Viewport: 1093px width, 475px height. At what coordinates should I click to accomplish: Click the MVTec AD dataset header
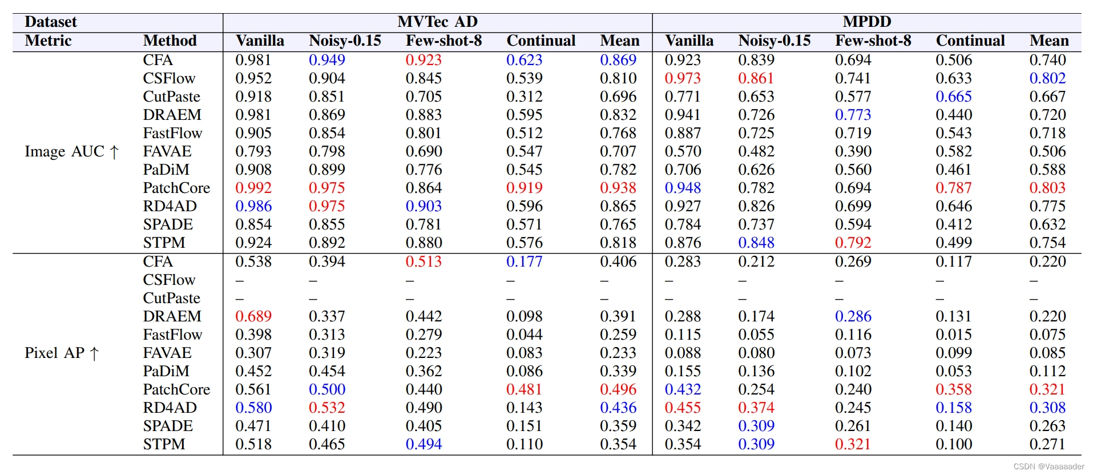(437, 22)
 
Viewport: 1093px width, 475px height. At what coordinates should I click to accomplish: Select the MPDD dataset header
(866, 22)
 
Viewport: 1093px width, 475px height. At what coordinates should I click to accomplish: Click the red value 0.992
(253, 188)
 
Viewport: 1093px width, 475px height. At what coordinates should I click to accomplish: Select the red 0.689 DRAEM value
(253, 316)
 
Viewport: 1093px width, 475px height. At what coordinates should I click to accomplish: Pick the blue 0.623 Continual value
(524, 60)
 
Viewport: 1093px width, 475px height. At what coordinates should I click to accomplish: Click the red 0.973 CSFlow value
(682, 78)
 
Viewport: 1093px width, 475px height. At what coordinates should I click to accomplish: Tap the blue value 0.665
(953, 96)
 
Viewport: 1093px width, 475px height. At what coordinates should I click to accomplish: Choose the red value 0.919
(524, 188)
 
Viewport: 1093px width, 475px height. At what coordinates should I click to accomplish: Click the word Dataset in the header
(51, 22)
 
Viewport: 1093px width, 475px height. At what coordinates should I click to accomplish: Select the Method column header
(170, 41)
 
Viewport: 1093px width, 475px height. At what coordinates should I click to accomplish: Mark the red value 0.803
(1047, 188)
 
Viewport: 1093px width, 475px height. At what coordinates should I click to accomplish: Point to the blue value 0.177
(524, 261)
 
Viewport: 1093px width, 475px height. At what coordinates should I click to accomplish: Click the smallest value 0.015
(953, 335)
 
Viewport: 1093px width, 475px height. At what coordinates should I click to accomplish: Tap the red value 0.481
(524, 389)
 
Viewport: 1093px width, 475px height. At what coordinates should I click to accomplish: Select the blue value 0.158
(953, 408)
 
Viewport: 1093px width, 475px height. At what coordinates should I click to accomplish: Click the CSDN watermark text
(1048, 466)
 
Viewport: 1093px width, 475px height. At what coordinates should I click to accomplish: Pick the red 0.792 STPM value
(853, 243)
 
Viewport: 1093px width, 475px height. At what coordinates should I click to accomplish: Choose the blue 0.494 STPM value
(424, 444)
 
